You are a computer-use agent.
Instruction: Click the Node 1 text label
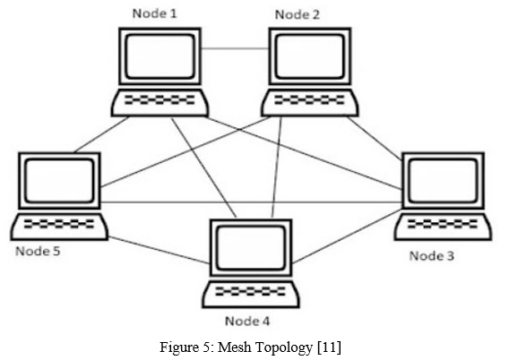coord(155,13)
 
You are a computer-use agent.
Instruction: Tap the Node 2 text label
coord(298,14)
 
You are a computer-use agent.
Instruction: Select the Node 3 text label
coord(431,256)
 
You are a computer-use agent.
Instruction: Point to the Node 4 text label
coord(247,321)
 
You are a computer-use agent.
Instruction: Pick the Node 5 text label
coord(38,251)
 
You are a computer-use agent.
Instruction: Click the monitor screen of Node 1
coord(160,56)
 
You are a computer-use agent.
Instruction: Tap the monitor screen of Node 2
coord(310,56)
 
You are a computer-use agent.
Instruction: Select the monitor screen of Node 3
coord(443,181)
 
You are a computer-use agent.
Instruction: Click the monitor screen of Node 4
coord(251,248)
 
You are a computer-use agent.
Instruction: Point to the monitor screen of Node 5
coord(59,181)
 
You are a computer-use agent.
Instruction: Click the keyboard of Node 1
coord(160,103)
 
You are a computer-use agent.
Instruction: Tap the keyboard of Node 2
coord(310,103)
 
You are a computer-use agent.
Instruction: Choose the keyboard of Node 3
coord(443,227)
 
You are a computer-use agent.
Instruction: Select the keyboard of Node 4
coord(251,294)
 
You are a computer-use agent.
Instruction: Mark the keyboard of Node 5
coord(59,227)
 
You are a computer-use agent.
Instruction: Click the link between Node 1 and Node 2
coord(235,49)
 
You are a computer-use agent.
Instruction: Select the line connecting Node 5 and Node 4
coord(159,250)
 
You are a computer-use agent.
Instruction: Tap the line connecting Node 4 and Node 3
coord(347,236)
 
